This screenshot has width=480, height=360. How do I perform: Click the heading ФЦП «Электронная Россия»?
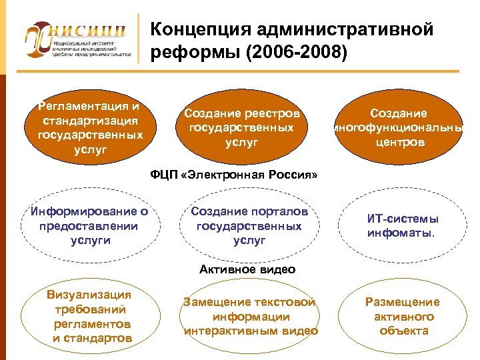[x=234, y=175]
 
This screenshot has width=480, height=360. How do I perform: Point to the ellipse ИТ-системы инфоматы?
[x=403, y=226]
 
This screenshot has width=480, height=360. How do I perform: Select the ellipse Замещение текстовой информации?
[x=250, y=317]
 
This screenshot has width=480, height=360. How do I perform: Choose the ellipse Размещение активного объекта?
[x=403, y=316]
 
